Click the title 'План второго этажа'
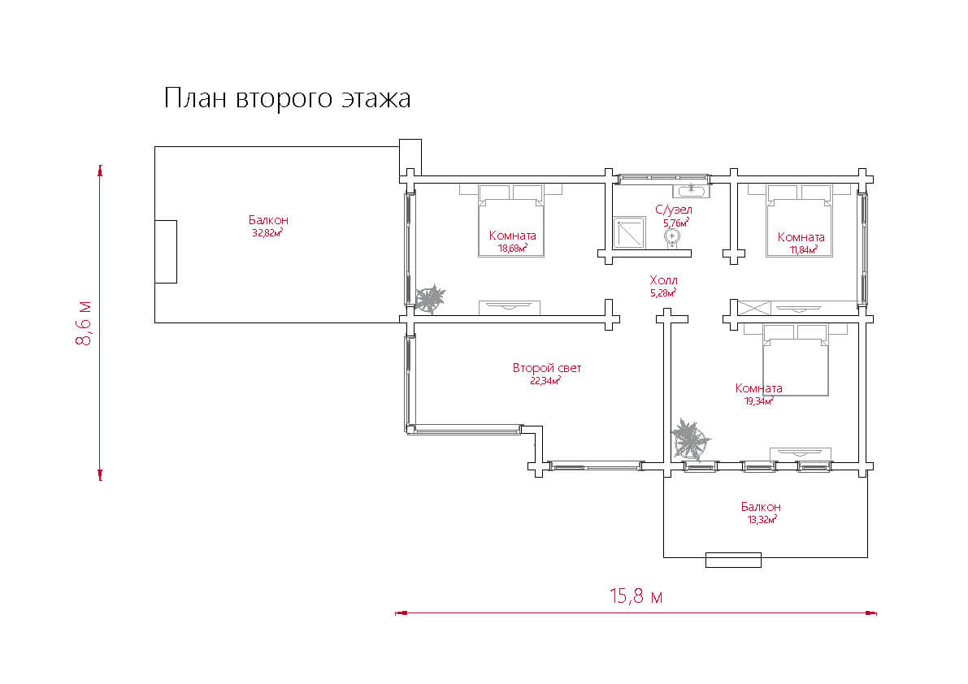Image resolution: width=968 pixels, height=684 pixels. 287,98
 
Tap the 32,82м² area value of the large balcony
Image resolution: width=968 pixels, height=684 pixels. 267,233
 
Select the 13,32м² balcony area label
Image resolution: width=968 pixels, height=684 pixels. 762,519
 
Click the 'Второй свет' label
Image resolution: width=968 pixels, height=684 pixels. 547,368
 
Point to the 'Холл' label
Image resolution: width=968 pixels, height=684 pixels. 664,280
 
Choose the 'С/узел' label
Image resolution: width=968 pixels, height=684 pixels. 674,210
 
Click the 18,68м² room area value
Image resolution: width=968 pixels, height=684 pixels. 512,249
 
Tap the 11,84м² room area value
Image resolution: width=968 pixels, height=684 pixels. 802,249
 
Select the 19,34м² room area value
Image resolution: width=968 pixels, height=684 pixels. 759,401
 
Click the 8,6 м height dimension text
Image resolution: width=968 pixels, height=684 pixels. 84,323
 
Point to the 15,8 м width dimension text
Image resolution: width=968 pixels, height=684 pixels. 636,596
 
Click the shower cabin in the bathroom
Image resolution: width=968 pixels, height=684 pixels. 629,232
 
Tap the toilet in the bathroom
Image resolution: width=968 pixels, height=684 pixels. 671,238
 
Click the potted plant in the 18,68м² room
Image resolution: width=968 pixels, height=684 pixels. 430,299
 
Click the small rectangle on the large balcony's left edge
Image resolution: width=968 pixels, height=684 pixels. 166,252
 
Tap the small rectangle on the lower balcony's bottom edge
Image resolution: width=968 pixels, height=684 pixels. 733,560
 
